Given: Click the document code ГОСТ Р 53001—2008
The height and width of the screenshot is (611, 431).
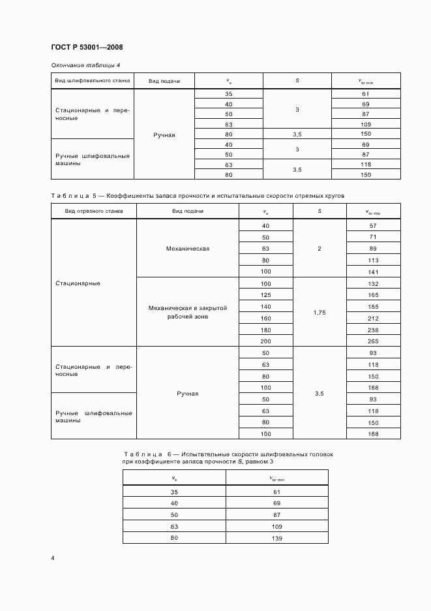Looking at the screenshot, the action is [87, 48].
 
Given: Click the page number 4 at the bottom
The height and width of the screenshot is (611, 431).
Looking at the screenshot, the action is [53, 557].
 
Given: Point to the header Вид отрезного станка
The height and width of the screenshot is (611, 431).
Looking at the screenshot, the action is [93, 211].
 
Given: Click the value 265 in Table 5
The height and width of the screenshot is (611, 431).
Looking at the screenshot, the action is [373, 341].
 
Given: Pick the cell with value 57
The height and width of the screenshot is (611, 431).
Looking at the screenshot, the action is [373, 225].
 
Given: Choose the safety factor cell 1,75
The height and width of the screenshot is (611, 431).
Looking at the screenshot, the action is [320, 313].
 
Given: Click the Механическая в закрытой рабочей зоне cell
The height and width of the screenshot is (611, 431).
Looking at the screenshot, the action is [187, 312].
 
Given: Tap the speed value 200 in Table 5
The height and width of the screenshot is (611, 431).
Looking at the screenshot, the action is [265, 341].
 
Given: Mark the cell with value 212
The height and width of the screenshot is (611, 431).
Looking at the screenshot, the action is [373, 318].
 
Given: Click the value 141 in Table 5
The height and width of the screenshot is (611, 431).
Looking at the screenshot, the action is [373, 271].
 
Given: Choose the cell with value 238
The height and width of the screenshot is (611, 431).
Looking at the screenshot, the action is [373, 330].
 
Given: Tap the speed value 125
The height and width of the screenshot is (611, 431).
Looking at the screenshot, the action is [265, 295].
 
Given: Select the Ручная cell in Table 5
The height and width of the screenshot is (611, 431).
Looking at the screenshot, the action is [187, 394].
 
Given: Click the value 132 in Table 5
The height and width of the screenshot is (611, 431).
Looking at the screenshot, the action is [373, 283].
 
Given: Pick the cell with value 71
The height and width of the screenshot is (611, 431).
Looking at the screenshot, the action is [373, 236].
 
